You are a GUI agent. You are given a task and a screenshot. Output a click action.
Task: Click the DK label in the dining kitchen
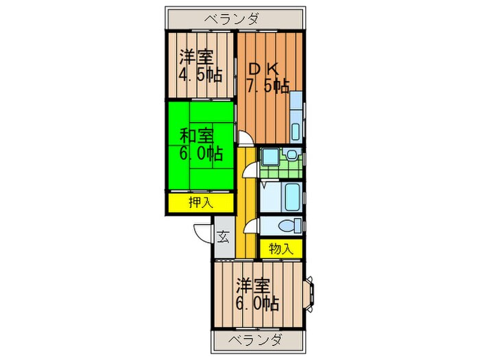pos(263,69)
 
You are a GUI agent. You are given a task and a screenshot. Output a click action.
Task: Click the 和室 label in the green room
pos(197,136)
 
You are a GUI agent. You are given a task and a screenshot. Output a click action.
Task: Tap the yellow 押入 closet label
pos(202,202)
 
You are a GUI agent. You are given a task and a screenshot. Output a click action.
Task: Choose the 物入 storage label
pos(281,248)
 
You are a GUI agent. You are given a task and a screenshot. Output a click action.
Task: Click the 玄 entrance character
pos(223,238)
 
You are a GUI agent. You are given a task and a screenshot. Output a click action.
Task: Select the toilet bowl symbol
pos(289,225)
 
